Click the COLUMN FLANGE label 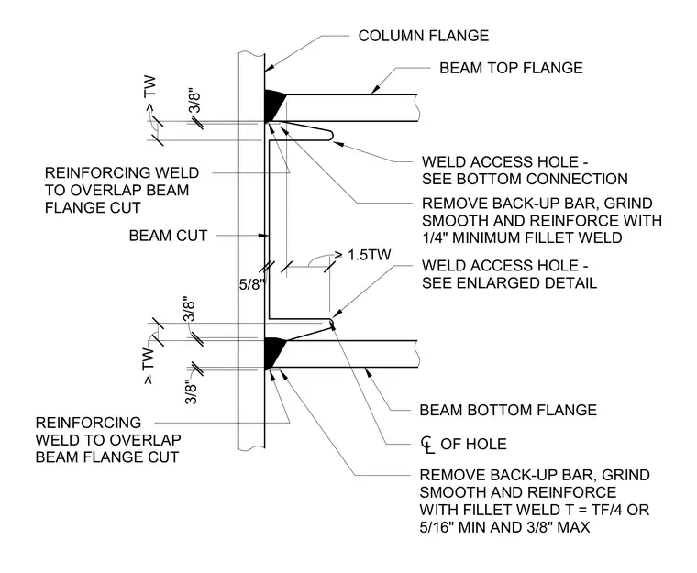[x=423, y=36]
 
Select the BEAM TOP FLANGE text [x=511, y=68]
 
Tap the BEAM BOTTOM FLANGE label [x=508, y=410]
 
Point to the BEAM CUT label [x=168, y=236]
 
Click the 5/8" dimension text [x=252, y=284]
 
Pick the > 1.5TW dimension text [x=363, y=255]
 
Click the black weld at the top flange [x=274, y=105]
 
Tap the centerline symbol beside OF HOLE [x=427, y=445]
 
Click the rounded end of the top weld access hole [x=331, y=135]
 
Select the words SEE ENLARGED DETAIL [x=509, y=283]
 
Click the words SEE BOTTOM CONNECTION [x=525, y=179]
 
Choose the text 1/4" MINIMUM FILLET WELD [x=522, y=237]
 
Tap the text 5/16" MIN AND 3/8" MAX [x=504, y=527]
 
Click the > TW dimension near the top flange [x=150, y=94]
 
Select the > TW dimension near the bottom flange [x=149, y=366]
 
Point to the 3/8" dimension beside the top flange [x=194, y=103]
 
